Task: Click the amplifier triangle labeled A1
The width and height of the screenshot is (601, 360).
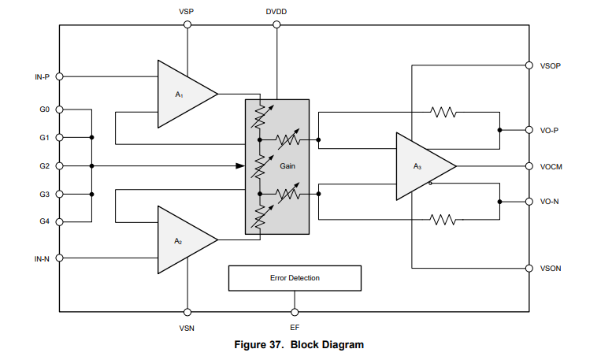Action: coord(181,94)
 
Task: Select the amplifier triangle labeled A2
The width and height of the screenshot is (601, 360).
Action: coord(181,240)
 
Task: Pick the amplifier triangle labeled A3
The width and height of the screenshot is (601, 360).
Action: coord(421,166)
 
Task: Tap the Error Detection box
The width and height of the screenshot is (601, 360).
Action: coord(295,278)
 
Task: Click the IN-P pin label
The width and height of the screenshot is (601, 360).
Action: coord(43,77)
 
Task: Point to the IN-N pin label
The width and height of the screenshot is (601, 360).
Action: coord(43,258)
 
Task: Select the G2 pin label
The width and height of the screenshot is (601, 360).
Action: coord(45,166)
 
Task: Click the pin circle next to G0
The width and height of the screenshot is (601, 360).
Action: coord(59,109)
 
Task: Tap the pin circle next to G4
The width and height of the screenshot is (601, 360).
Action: coord(59,222)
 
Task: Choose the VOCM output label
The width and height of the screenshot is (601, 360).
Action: coord(551,167)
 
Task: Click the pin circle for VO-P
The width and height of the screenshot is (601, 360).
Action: coord(529,130)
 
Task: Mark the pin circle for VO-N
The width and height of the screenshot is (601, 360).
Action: coord(529,202)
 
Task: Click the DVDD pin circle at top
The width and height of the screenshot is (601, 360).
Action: coord(276,25)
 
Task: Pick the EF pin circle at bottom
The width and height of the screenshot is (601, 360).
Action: coord(295,311)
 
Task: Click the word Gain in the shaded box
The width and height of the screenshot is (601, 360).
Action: coord(288,166)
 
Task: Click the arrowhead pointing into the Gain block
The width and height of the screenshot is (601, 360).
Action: coord(241,166)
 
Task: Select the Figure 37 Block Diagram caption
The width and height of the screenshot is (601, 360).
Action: coord(299,345)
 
